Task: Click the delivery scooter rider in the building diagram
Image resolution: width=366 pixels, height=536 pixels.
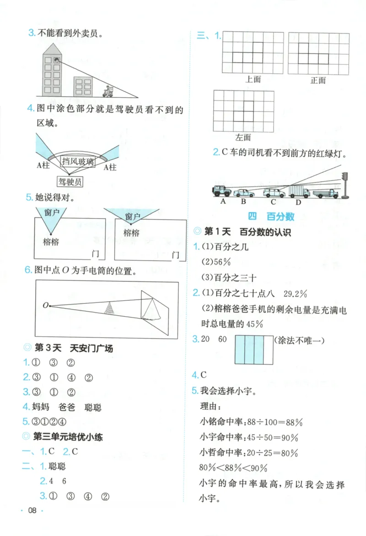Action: pyautogui.click(x=108, y=91)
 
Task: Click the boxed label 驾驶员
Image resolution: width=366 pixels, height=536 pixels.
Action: pyautogui.click(x=70, y=182)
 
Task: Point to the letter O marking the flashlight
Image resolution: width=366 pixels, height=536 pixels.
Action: pyautogui.click(x=45, y=305)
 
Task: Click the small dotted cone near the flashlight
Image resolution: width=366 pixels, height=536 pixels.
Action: pyautogui.click(x=108, y=308)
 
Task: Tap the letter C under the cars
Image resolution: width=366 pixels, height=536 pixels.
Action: pyautogui.click(x=273, y=202)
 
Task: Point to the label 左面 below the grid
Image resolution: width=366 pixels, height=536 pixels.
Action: pyautogui.click(x=243, y=137)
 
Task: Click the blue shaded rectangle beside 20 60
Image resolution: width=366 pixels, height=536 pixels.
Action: pyautogui.click(x=252, y=350)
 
